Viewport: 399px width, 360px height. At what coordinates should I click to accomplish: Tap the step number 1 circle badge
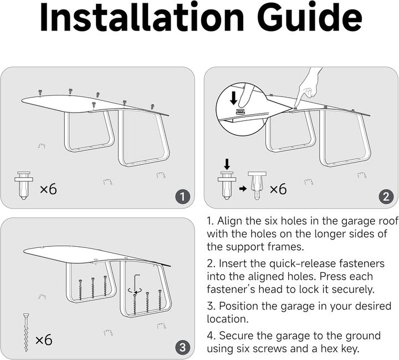coord(183,196)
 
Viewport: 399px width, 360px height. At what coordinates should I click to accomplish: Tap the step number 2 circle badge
coord(386,196)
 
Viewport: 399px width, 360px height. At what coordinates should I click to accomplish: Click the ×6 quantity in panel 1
coord(48,189)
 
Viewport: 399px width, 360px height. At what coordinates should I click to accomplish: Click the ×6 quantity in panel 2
coord(278,189)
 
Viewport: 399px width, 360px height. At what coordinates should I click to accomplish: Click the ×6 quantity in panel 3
coord(44,339)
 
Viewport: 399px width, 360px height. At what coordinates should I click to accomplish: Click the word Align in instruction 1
coord(232,221)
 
